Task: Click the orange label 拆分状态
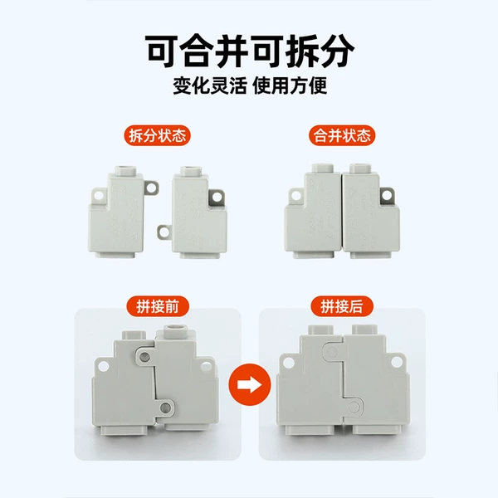[x=157, y=135]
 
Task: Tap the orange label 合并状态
[x=342, y=135]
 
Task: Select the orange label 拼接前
[x=158, y=306]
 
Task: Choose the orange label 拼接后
[x=342, y=306]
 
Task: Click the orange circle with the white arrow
[x=250, y=384]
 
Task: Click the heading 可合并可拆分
[x=250, y=51]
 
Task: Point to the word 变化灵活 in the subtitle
[x=210, y=85]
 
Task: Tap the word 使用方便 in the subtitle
[x=290, y=85]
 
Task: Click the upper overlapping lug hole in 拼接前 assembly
[x=144, y=356]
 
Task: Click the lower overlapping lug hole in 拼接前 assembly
[x=165, y=407]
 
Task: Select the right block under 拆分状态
[x=193, y=212]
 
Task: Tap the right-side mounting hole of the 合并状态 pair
[x=387, y=195]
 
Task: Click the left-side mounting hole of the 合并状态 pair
[x=296, y=195]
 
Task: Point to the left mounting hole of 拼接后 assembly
[x=288, y=363]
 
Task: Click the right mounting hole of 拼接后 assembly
[x=397, y=362]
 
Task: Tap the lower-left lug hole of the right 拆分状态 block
[x=164, y=232]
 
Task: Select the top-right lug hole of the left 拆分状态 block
[x=151, y=188]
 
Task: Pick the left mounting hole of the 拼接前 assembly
[x=103, y=366]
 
